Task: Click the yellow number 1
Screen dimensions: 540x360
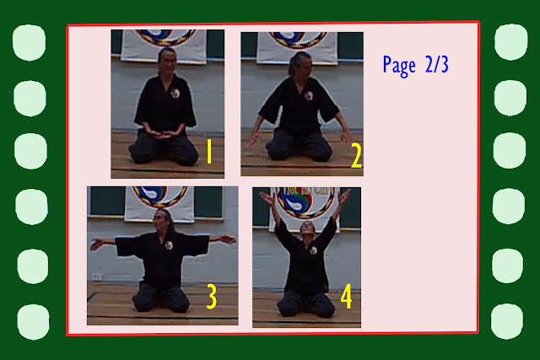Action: coord(209,152)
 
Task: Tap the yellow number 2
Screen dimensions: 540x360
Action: coord(356,156)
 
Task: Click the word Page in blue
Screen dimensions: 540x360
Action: coord(399,66)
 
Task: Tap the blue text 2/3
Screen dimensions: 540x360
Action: coord(437,64)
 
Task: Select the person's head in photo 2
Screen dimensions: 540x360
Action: coord(300,64)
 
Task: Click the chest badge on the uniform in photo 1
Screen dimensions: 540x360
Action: coord(175,93)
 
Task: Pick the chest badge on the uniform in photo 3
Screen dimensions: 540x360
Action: coord(169,245)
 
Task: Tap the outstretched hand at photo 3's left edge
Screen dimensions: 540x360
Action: coord(96,244)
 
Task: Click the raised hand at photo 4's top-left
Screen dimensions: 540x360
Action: coord(266,197)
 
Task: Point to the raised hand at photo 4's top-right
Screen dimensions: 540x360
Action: coord(345,196)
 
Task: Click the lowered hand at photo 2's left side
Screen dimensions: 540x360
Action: coord(253,138)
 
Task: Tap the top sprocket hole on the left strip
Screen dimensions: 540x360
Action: coord(29,43)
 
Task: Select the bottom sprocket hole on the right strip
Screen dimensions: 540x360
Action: coord(508,321)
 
